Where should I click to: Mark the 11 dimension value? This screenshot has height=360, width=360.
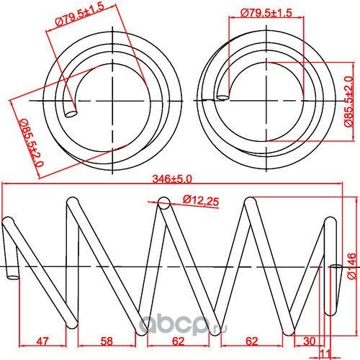(325, 353)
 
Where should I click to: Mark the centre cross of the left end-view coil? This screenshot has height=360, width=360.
(114, 94)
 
